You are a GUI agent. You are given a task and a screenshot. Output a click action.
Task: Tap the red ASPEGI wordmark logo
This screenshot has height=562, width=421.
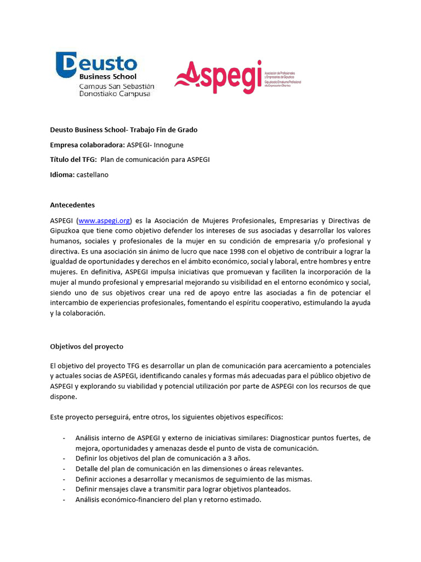[218, 77]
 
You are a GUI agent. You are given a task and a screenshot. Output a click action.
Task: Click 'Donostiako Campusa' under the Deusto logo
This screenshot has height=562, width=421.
[114, 94]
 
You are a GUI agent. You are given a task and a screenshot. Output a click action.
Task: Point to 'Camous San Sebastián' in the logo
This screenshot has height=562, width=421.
[117, 86]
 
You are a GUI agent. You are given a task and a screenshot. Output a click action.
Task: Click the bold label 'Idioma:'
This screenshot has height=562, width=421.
[62, 175]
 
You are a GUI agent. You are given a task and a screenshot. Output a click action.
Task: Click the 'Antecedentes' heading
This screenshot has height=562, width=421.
[72, 205]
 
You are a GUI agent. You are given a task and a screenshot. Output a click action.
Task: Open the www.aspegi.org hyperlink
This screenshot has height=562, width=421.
[104, 220]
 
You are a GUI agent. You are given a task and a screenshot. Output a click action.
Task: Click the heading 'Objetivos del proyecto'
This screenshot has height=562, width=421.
[87, 347]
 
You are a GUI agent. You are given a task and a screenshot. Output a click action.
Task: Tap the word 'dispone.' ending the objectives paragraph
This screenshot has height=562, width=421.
[64, 396]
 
